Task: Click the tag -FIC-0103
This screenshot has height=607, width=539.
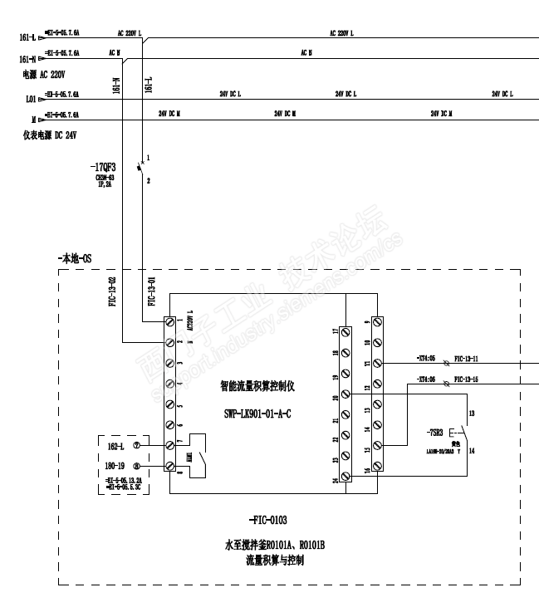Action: [x=268, y=520]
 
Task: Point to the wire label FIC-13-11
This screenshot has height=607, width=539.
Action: [x=472, y=358]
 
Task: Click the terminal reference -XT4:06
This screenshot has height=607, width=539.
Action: [x=427, y=379]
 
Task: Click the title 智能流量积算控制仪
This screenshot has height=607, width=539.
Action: [x=263, y=386]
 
